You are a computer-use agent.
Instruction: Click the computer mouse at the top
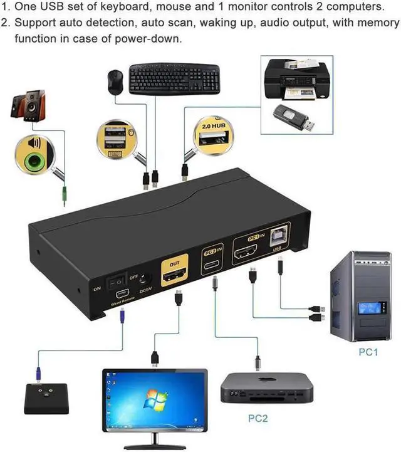[114, 81]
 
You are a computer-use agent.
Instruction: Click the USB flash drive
[294, 118]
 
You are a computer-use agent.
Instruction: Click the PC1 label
[368, 352]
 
